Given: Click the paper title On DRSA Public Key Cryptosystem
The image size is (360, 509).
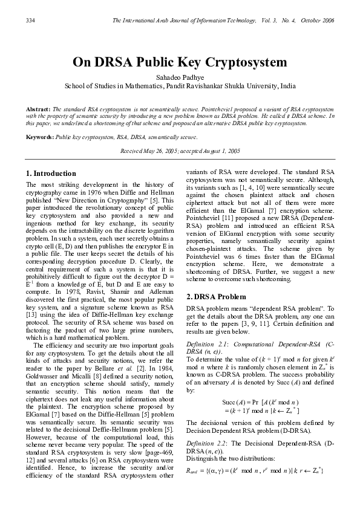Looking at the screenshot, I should tap(180, 62).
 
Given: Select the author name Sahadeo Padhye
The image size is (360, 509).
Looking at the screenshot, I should tap(180, 77).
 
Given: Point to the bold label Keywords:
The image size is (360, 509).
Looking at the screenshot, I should tap(40, 137).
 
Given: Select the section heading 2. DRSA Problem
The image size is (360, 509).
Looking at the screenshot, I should tap(216, 297).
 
